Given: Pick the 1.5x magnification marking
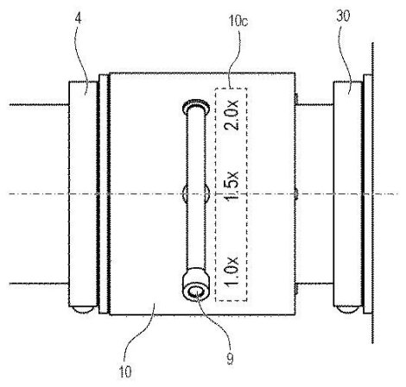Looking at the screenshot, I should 231,188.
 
